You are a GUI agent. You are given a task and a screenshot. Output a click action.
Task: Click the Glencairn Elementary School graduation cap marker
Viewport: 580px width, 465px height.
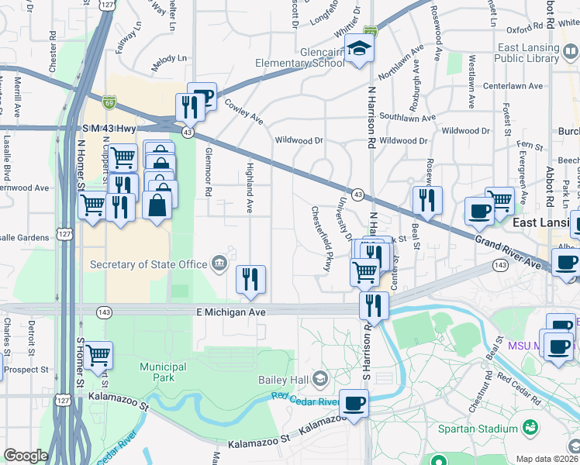359,50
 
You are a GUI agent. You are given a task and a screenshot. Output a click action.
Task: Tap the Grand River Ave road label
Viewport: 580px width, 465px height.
507,253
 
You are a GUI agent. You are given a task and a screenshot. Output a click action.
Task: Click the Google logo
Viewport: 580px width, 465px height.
26,456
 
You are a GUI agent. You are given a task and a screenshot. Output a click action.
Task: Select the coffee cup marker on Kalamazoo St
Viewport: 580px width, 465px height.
354,403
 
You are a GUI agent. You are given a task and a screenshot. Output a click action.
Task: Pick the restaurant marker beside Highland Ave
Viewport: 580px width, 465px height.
250,280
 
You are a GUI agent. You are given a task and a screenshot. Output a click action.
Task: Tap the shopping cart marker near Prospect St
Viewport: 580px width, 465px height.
98,355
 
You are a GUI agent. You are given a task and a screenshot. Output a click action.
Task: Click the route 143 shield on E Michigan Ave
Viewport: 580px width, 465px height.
104,312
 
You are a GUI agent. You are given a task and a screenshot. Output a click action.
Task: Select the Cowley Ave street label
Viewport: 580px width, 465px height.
244,112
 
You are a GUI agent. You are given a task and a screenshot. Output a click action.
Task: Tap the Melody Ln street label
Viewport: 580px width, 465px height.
170,59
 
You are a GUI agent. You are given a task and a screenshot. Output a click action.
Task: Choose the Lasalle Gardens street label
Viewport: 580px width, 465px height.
25,238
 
